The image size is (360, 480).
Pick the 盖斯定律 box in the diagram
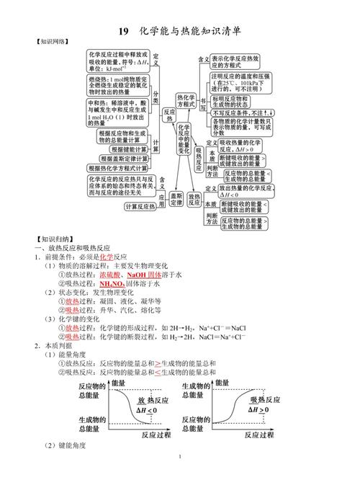(x=177, y=200)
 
